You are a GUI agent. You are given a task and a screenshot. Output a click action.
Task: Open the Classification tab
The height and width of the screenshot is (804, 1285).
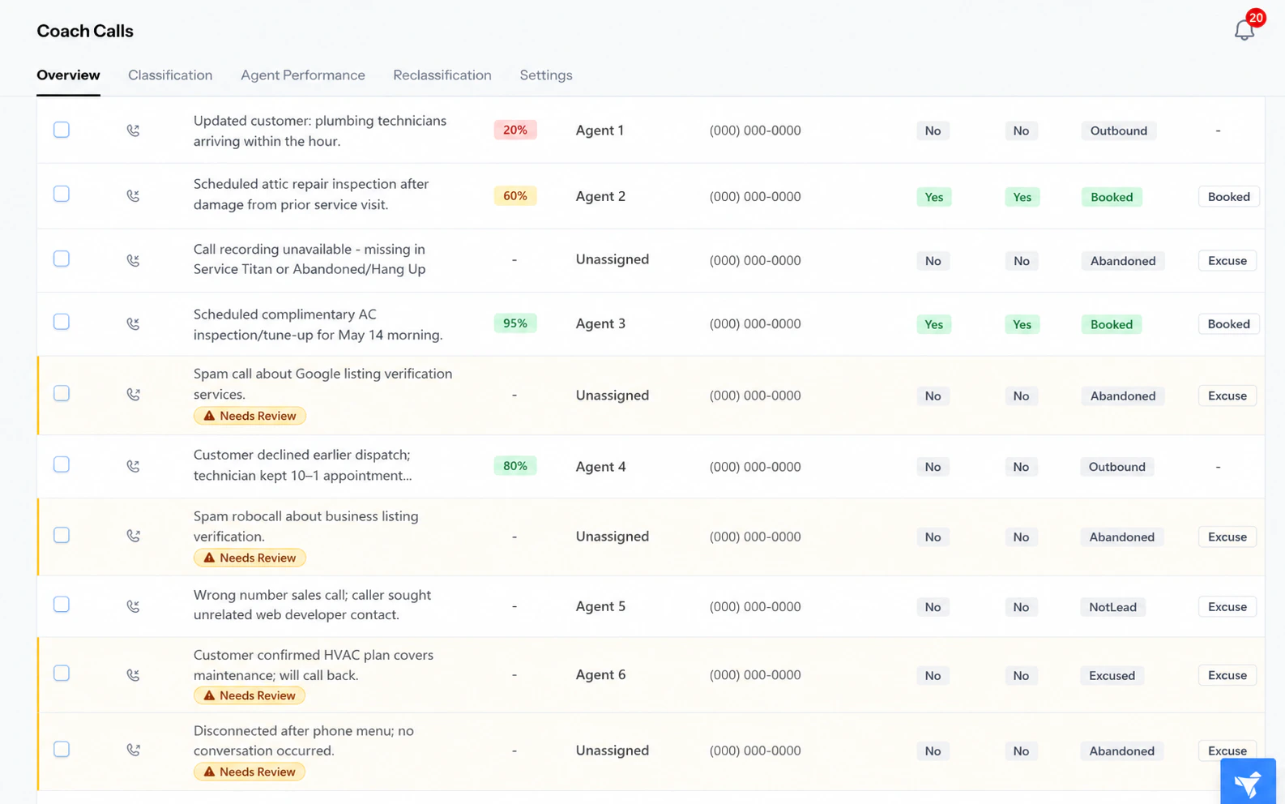tap(170, 75)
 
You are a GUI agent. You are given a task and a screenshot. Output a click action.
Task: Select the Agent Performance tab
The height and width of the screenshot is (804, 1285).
tap(302, 75)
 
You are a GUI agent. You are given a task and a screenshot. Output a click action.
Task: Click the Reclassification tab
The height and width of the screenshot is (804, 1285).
tap(442, 75)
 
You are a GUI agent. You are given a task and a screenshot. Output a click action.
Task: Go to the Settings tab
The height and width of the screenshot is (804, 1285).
tap(545, 75)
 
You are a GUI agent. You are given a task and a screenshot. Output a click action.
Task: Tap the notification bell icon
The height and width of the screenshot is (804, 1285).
tap(1244, 30)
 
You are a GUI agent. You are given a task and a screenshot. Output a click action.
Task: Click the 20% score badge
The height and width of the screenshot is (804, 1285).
tap(515, 130)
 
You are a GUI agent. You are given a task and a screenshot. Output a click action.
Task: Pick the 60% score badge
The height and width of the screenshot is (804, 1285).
tap(515, 196)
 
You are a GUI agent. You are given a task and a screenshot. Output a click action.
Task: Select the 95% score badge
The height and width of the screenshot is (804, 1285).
tap(515, 323)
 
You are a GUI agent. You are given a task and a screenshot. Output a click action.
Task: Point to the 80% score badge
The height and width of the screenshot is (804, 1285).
tap(515, 466)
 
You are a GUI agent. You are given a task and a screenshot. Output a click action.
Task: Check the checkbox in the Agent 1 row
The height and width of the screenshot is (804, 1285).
tap(62, 130)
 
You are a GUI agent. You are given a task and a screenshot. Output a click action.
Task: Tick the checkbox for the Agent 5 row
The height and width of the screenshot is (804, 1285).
tap(62, 605)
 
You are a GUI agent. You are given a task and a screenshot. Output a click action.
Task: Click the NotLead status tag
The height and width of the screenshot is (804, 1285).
tap(1113, 607)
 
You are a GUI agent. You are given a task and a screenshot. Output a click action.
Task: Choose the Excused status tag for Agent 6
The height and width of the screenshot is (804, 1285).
tap(1112, 675)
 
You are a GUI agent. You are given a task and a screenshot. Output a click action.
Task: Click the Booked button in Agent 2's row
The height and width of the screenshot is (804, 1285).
tap(1229, 197)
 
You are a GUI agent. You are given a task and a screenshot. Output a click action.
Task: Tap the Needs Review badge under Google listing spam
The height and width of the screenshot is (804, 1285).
tap(250, 416)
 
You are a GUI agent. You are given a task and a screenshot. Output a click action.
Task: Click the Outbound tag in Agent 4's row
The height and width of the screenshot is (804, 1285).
tap(1117, 467)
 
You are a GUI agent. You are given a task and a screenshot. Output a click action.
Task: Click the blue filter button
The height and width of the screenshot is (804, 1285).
tap(1249, 781)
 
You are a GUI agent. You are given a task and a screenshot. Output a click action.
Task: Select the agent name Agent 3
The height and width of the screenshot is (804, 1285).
tap(600, 323)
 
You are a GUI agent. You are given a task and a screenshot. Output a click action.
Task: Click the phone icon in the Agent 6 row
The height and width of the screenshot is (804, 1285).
tap(133, 675)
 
